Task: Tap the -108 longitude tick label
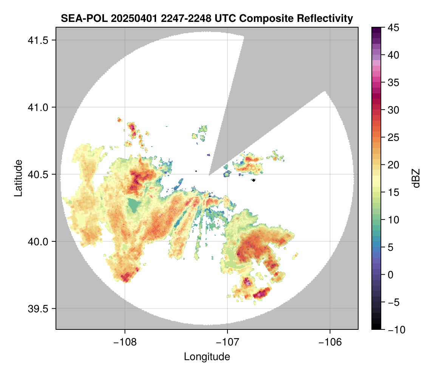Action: pyautogui.click(x=124, y=342)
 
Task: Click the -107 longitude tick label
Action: pyautogui.click(x=227, y=342)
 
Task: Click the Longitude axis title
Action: pyautogui.click(x=207, y=356)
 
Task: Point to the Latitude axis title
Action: pyautogui.click(x=18, y=178)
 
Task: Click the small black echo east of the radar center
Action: pyautogui.click(x=254, y=180)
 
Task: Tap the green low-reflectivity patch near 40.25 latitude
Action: pyautogui.click(x=133, y=205)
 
